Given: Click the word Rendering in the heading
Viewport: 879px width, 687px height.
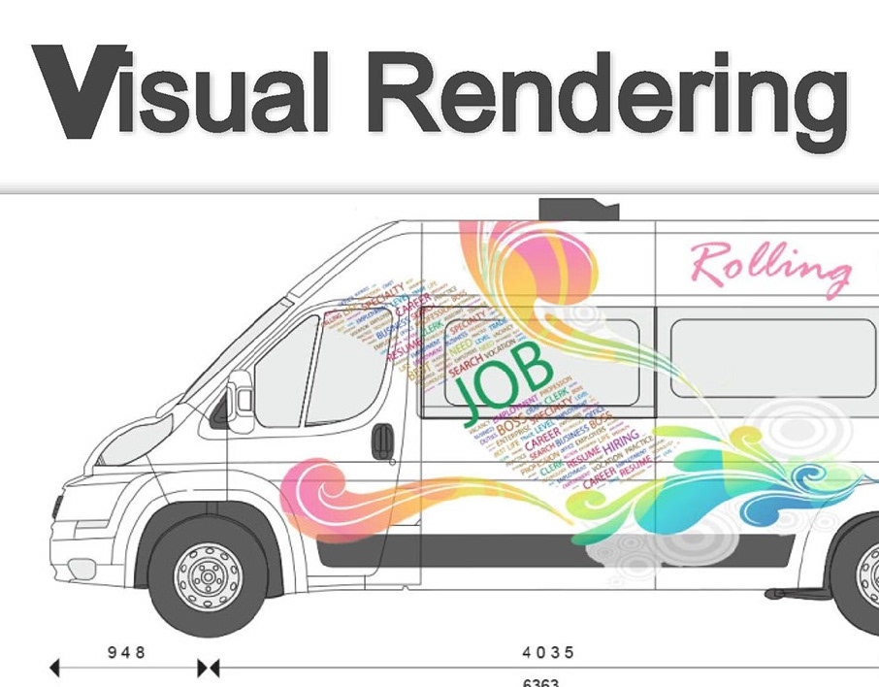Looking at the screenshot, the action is (x=610, y=94).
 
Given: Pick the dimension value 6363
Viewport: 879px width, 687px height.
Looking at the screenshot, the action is (x=540, y=681).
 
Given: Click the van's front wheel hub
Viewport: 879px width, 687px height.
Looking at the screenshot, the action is (x=208, y=578).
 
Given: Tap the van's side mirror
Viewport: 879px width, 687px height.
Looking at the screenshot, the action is (x=240, y=400).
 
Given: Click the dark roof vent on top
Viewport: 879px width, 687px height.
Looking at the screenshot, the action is (x=579, y=208).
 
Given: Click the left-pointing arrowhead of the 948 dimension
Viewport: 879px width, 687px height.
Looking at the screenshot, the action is (x=54, y=668).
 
